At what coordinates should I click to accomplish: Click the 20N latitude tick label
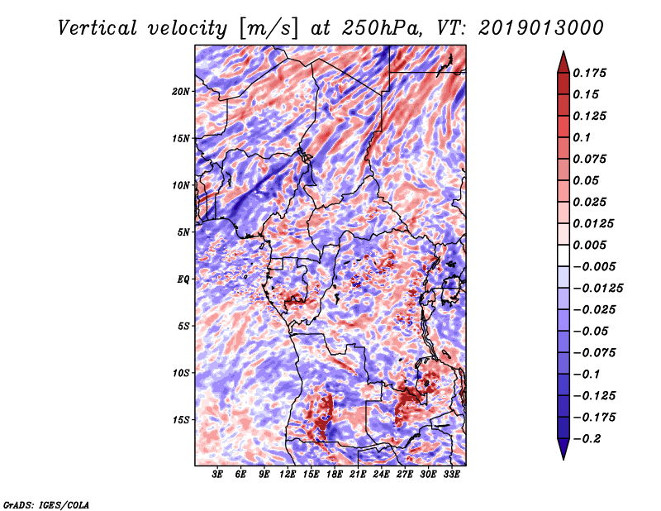181,91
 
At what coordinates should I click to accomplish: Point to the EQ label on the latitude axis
183,279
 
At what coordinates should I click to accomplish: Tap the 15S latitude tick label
181,420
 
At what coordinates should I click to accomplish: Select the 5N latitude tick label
183,232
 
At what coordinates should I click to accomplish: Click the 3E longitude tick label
218,475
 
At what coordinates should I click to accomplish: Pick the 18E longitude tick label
335,475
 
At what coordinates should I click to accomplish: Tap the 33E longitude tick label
451,475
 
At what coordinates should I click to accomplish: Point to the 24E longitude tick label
381,475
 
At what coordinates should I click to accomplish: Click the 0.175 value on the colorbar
592,73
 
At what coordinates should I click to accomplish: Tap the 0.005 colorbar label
592,245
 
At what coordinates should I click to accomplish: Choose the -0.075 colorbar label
595,352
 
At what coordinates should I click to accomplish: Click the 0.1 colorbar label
583,137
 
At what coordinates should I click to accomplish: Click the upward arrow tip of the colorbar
562,54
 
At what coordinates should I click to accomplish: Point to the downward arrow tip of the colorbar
562,457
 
